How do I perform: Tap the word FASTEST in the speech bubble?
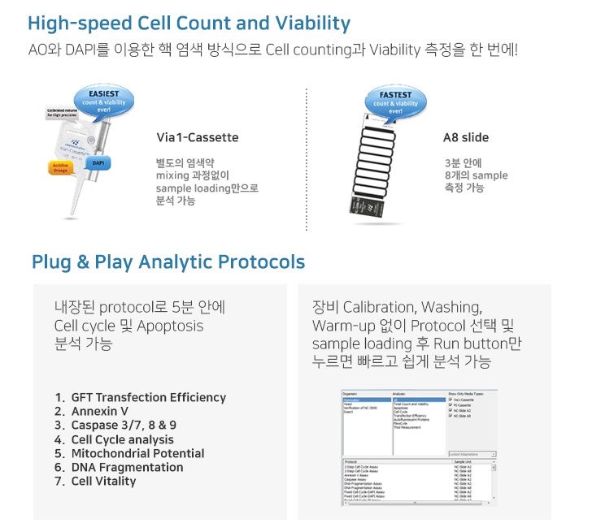click(x=394, y=94)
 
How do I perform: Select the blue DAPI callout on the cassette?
click(x=98, y=162)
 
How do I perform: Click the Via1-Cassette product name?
click(x=198, y=137)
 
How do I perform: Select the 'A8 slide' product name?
click(x=465, y=137)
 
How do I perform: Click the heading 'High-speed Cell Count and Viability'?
click(x=189, y=24)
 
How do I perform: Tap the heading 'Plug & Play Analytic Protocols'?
click(x=168, y=261)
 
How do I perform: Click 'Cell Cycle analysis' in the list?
click(x=122, y=439)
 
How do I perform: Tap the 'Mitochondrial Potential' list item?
click(x=137, y=453)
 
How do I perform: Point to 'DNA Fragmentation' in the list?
click(x=127, y=467)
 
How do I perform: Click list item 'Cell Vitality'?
click(x=103, y=481)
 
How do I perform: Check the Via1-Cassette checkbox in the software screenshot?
click(x=451, y=400)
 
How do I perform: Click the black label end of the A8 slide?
click(x=361, y=206)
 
